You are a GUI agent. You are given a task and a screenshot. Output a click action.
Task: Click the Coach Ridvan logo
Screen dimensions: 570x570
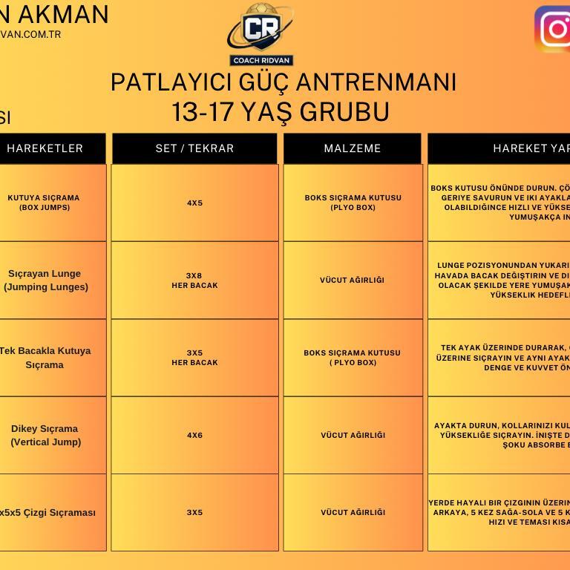(x=260, y=35)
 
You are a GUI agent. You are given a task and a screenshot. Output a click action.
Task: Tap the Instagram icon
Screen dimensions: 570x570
(x=554, y=30)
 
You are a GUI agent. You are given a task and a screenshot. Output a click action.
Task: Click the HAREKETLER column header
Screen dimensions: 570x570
(x=45, y=148)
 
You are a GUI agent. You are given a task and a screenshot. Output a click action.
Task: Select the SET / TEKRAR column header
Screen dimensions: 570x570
(x=194, y=148)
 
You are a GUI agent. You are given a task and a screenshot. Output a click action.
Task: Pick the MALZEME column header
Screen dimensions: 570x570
(x=353, y=148)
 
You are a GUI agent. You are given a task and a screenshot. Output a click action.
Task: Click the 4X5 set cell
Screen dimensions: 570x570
(x=194, y=203)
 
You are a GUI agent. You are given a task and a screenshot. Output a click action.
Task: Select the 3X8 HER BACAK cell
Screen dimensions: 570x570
(x=194, y=280)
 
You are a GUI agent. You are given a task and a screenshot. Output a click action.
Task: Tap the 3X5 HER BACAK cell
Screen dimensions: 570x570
(x=194, y=358)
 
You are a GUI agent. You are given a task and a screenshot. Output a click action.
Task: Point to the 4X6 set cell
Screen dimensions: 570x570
(x=194, y=435)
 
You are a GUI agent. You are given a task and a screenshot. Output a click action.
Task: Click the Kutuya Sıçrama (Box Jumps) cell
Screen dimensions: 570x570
(x=44, y=203)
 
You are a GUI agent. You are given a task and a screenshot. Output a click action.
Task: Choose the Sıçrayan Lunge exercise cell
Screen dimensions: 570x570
(x=45, y=280)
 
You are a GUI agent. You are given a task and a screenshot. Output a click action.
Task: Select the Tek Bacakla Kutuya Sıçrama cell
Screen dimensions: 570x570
(x=45, y=358)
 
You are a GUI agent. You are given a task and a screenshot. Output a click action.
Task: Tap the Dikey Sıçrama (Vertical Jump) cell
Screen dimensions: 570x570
(x=45, y=435)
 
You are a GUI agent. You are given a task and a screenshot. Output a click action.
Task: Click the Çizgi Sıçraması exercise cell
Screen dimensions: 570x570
(x=47, y=512)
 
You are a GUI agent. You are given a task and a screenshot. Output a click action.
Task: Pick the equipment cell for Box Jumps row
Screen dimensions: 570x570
(x=353, y=203)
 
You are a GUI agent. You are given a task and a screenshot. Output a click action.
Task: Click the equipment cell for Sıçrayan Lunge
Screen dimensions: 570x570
(x=353, y=280)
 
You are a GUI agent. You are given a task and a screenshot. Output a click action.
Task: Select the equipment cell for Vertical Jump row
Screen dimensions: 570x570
(x=353, y=435)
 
